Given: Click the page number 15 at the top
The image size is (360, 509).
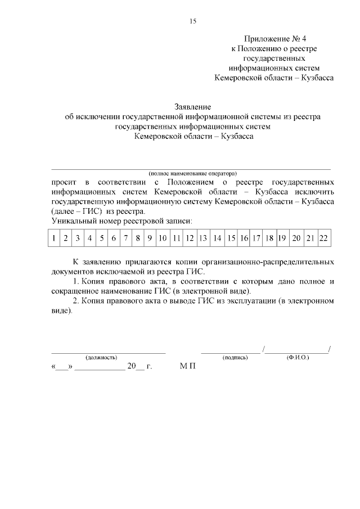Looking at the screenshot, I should click(x=192, y=21).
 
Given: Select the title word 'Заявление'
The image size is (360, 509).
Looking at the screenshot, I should click(x=192, y=106).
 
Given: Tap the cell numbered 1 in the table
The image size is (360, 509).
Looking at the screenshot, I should click(x=53, y=238).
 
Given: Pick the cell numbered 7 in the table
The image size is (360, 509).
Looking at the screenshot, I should click(x=125, y=238).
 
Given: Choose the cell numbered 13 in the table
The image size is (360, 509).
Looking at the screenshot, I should click(x=204, y=238).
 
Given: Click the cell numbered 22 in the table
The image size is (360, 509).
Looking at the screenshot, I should click(x=323, y=238).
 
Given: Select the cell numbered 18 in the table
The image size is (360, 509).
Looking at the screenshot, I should click(x=269, y=238).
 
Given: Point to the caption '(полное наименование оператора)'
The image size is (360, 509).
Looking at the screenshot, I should click(x=192, y=173).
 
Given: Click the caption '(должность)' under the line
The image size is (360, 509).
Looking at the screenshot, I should click(x=101, y=357).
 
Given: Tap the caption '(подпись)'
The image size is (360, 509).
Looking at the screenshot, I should click(x=235, y=357).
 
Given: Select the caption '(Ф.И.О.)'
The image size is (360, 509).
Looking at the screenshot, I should click(x=298, y=357).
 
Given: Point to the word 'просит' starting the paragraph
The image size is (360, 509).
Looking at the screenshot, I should click(x=62, y=182).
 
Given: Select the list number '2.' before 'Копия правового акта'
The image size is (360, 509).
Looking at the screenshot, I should click(x=77, y=301).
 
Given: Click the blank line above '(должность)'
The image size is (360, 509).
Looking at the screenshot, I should click(x=109, y=352).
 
